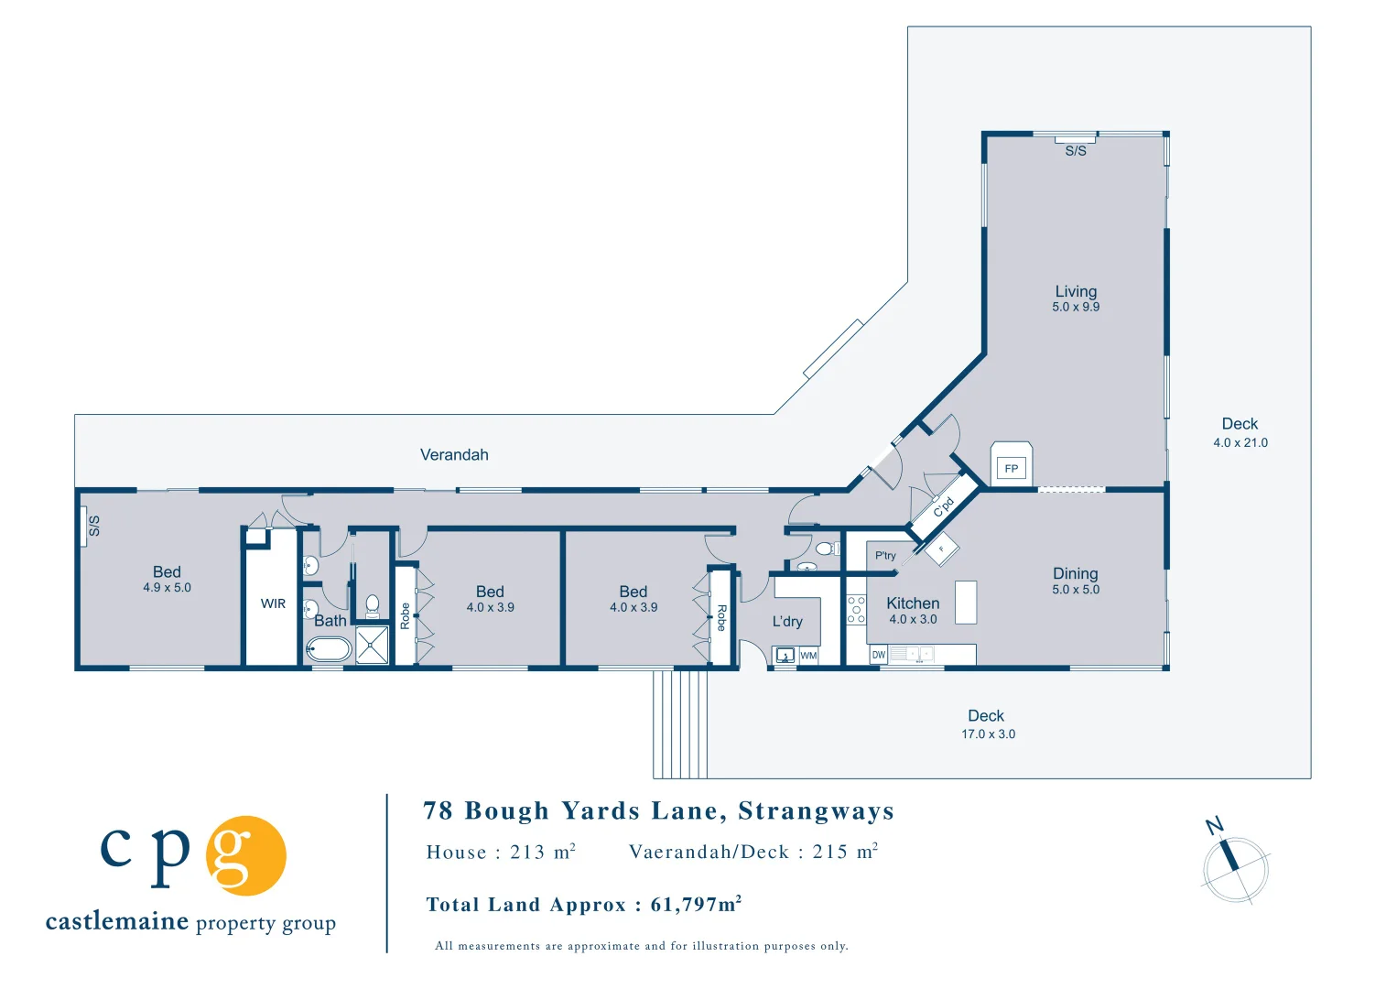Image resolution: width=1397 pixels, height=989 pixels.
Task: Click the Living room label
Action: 1076,291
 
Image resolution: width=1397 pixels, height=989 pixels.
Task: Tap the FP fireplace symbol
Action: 1012,468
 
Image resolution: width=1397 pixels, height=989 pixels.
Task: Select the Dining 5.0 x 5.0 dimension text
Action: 1076,590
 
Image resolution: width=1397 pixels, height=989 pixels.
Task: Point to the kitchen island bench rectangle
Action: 965,603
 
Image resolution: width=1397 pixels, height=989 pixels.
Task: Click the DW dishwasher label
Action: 879,655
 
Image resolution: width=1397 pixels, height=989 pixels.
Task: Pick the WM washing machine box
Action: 808,656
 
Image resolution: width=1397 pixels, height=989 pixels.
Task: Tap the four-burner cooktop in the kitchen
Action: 856,610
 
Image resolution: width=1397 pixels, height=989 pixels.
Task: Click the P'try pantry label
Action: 885,555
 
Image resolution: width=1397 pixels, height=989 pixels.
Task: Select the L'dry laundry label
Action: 787,621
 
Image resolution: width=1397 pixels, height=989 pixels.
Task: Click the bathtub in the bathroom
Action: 329,650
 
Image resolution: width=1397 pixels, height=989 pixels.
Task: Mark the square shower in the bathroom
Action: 372,646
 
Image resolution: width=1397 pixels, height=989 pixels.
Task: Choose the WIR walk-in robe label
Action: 273,603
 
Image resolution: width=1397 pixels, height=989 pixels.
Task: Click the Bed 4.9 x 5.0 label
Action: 167,579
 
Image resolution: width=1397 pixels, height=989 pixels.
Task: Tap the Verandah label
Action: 454,454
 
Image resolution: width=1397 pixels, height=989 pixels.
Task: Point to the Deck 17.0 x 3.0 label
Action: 987,723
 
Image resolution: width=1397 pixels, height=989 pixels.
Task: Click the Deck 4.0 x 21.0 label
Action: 1240,432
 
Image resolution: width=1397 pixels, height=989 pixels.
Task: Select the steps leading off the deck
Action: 679,723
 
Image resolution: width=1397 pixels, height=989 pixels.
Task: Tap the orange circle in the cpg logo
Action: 245,855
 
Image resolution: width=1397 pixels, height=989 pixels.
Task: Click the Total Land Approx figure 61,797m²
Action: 696,905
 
